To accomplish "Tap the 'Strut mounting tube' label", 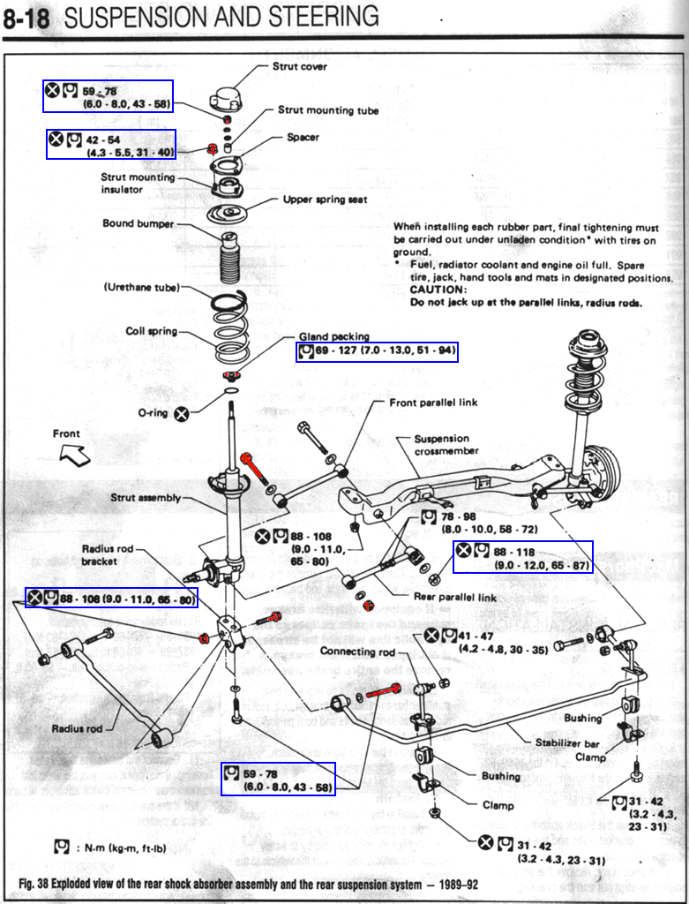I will pos(328,110).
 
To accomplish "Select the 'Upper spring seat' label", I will pos(325,200).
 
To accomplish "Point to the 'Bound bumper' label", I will pos(139,223).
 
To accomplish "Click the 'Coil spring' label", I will pos(151,332).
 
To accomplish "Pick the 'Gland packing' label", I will pos(333,337).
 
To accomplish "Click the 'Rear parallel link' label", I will pos(455,597).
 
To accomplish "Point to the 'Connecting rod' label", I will pos(357,652).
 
